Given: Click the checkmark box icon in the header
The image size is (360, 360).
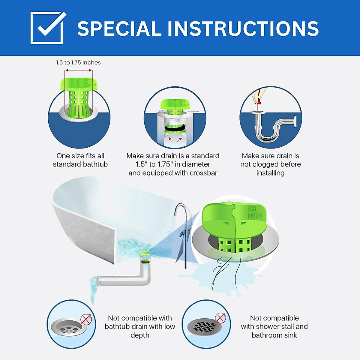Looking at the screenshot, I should pos(47,28).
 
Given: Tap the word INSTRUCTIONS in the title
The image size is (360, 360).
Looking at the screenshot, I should pos(243,29).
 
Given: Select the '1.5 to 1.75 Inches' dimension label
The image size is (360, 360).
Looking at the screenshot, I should pos(78,63).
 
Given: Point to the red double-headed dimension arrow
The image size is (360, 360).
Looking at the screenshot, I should pos(79,70).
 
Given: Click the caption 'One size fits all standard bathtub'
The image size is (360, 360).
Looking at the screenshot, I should pos(80,160).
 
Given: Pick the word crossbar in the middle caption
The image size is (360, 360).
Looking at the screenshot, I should pos(204,173).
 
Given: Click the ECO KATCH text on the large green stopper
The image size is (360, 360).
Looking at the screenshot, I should pos(254,212).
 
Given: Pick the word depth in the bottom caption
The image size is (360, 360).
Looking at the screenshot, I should pos(140,335).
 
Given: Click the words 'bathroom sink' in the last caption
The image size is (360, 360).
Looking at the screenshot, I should pos(274,335).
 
